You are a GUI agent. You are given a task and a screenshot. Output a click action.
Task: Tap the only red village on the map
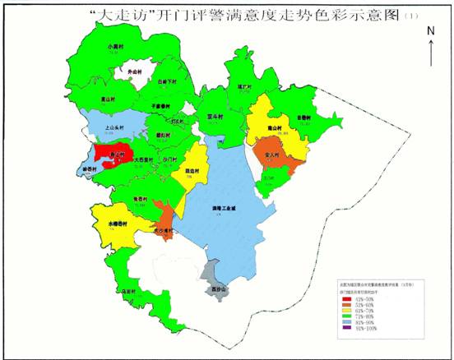(x=112, y=154)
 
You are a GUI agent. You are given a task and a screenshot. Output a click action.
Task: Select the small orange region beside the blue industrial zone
(x=164, y=215)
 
